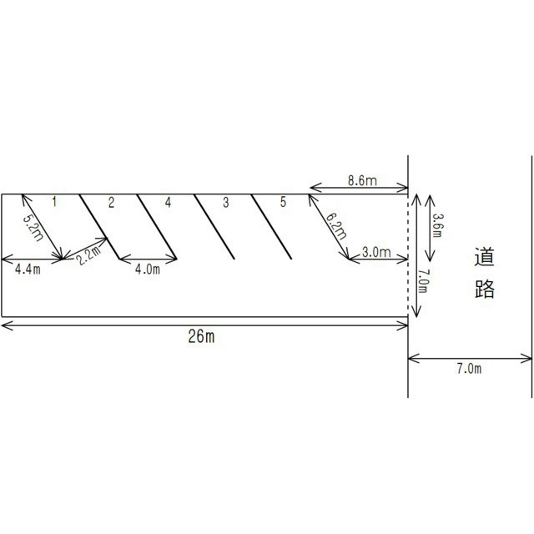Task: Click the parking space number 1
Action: [54, 202]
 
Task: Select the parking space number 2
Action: [111, 202]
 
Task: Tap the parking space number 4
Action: [168, 202]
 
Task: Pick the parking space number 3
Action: [225, 202]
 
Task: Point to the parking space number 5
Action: [283, 202]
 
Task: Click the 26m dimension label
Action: [201, 336]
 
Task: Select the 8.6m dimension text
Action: [362, 180]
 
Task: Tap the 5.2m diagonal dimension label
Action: [33, 228]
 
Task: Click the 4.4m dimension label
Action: [28, 270]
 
